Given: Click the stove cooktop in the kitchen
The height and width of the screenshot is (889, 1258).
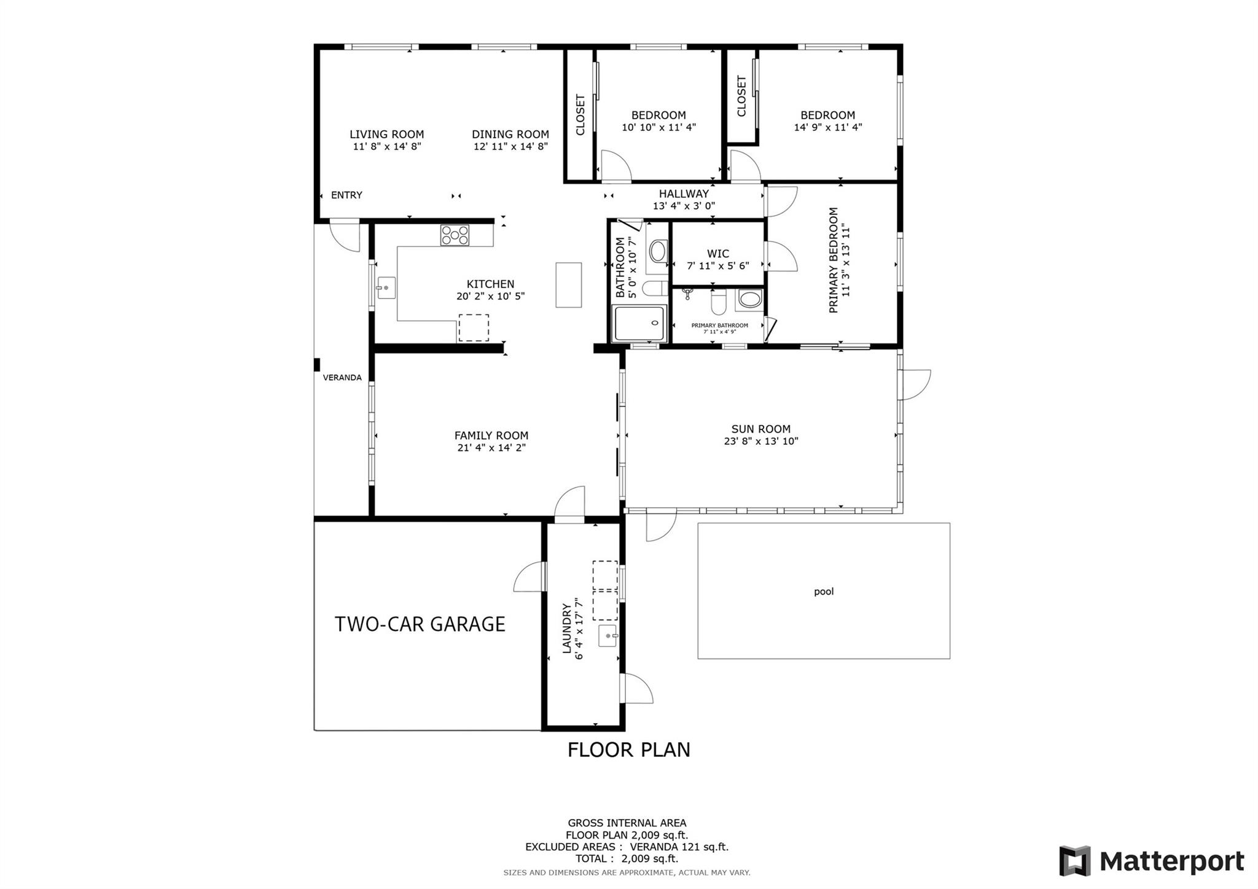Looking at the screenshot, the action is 455,235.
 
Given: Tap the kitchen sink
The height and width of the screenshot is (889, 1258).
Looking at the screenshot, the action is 386,288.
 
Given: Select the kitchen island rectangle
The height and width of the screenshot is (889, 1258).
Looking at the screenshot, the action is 569,285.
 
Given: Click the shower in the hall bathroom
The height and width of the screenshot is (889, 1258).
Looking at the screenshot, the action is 640,323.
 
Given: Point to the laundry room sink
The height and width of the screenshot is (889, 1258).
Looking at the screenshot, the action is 608,636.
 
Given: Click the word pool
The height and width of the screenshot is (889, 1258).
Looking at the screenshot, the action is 824,592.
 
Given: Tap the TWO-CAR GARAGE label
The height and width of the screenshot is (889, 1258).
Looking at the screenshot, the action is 420,624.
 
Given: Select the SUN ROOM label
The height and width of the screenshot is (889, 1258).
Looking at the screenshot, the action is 761,429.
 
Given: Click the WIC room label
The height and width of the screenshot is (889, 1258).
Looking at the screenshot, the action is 718,254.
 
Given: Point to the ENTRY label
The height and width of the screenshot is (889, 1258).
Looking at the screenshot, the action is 346,195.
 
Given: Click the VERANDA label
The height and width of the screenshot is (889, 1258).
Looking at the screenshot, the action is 342,378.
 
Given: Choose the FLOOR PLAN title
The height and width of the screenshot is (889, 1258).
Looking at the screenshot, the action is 629,750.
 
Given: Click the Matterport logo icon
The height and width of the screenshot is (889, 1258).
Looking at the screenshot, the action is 1075,861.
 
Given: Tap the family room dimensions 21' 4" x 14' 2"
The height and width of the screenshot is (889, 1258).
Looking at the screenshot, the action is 491,448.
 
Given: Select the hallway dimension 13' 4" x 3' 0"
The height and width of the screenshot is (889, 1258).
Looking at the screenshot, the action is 684,206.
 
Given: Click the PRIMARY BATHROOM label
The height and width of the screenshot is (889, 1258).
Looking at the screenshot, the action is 720,326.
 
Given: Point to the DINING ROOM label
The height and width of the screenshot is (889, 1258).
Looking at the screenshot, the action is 510,134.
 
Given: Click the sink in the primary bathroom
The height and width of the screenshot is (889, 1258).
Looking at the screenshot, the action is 749,299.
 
